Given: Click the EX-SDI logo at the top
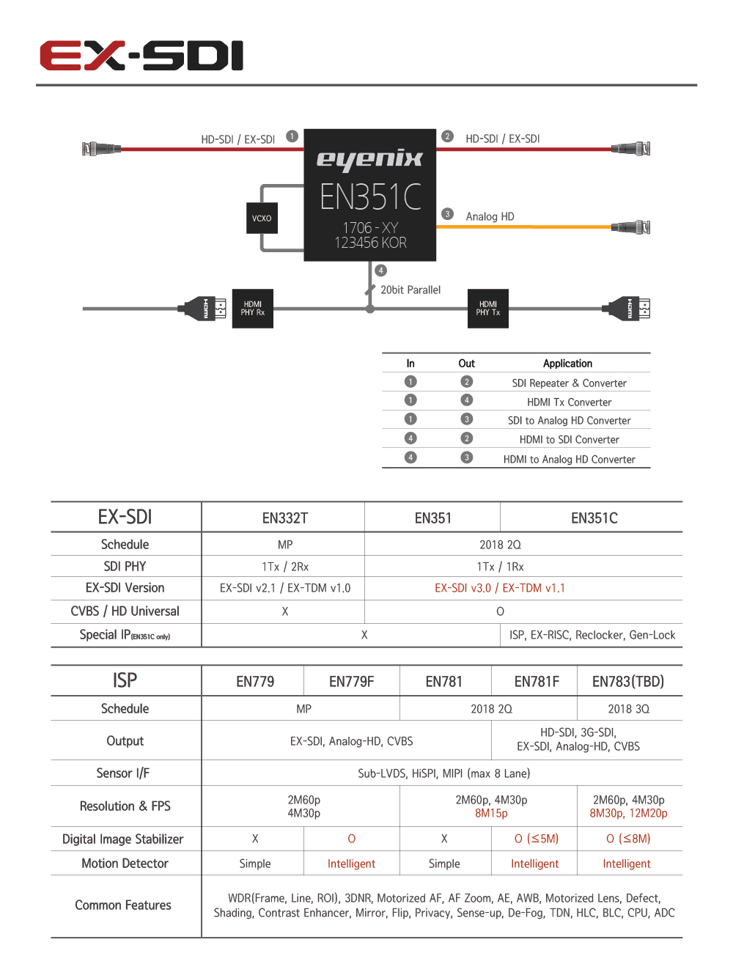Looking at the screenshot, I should [x=141, y=56].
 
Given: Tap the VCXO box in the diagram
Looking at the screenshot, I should [x=262, y=218].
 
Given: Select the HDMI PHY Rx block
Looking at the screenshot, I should [x=253, y=309].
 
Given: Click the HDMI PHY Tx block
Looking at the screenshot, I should [x=488, y=309].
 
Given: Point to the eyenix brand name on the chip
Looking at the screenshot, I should [x=370, y=158].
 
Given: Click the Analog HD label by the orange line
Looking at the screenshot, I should [x=490, y=217].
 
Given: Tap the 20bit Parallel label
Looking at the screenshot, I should [x=410, y=290].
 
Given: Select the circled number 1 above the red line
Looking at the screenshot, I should [x=292, y=136].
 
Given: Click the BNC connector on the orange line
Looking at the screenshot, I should [x=632, y=227].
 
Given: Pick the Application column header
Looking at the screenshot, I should [x=567, y=364].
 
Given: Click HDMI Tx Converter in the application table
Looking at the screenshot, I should [x=569, y=402].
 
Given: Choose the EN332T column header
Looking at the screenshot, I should [x=285, y=518].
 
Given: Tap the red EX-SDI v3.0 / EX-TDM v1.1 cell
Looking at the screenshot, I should [x=500, y=588].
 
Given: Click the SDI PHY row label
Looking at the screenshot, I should [x=125, y=567].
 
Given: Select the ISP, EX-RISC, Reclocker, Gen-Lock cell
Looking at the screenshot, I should [x=592, y=635].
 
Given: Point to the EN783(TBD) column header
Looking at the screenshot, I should [x=628, y=682].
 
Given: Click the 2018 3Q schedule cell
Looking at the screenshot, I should [x=628, y=709].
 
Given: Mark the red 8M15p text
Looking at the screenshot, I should [x=491, y=813].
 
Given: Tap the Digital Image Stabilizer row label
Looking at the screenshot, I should [x=122, y=839].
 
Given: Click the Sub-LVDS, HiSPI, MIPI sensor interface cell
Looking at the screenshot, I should [x=443, y=773].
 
